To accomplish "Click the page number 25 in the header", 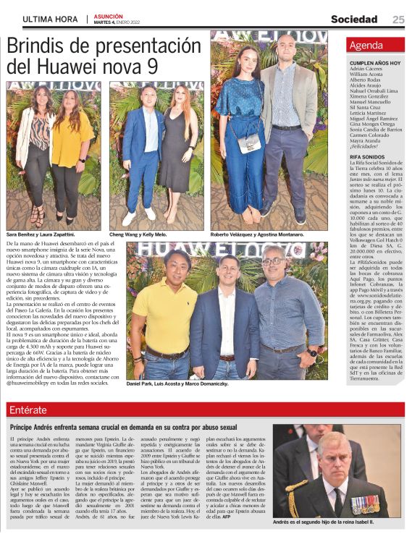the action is (399, 19).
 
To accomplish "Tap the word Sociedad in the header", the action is (354, 19).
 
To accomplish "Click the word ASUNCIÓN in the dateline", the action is (108, 15).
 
